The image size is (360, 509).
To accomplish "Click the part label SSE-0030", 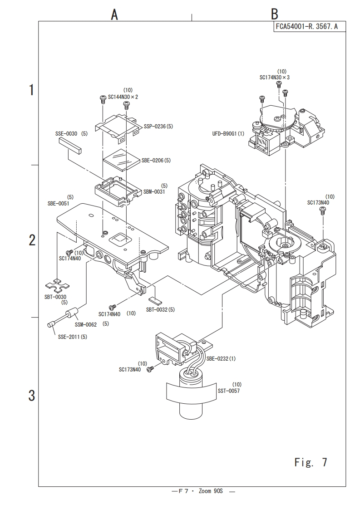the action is [66, 133].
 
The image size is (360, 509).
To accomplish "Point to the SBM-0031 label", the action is [154, 191].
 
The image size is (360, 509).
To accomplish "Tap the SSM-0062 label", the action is [86, 325].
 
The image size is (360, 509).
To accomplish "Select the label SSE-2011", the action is [69, 337].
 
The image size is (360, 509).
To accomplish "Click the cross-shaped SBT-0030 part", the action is [57, 285].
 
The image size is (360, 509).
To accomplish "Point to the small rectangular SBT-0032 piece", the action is [154, 299].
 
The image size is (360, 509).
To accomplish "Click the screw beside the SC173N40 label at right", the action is [323, 211].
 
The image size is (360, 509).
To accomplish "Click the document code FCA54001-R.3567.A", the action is [307, 27].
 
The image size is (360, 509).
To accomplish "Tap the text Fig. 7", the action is [311, 462].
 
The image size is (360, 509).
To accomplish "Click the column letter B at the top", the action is [275, 14].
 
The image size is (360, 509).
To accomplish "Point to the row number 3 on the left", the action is [31, 396].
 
